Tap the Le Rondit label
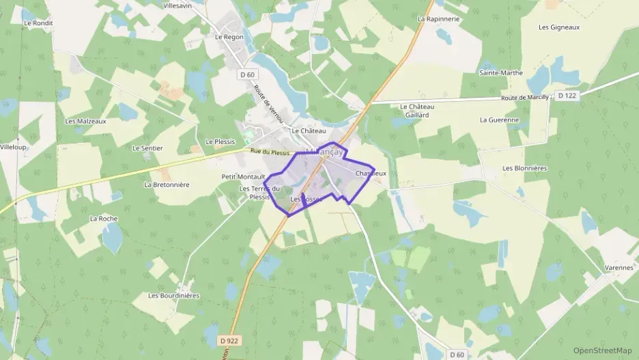click(38, 23)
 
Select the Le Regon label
click(229, 37)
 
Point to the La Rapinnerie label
click(438, 19)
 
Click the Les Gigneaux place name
click(559, 27)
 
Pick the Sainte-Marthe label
click(501, 72)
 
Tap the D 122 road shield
click(566, 96)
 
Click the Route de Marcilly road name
click(525, 98)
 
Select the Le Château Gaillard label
click(414, 111)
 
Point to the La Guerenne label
click(500, 120)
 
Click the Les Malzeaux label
click(85, 121)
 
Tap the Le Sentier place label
click(147, 148)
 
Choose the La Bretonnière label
click(167, 184)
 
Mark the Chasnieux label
click(371, 174)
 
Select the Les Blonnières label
click(525, 168)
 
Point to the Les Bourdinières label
click(174, 296)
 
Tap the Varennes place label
click(619, 268)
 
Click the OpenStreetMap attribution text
click(603, 350)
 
